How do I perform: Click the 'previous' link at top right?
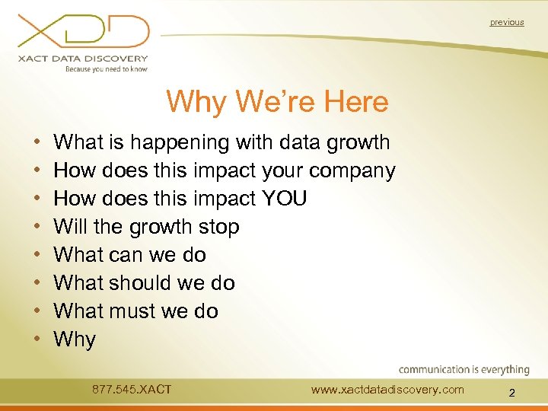click(x=507, y=22)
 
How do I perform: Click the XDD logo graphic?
click(x=84, y=32)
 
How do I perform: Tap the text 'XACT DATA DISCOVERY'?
click(x=84, y=58)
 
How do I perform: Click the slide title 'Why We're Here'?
click(x=277, y=101)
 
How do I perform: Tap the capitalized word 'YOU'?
click(x=283, y=199)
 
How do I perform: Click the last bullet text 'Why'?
click(x=75, y=339)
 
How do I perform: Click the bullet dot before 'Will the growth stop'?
click(x=37, y=228)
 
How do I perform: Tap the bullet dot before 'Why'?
click(x=37, y=339)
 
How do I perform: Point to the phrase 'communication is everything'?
click(x=464, y=370)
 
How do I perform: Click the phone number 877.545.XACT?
click(x=132, y=390)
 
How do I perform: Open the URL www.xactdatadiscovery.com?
click(x=387, y=390)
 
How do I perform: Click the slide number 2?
click(x=511, y=393)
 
